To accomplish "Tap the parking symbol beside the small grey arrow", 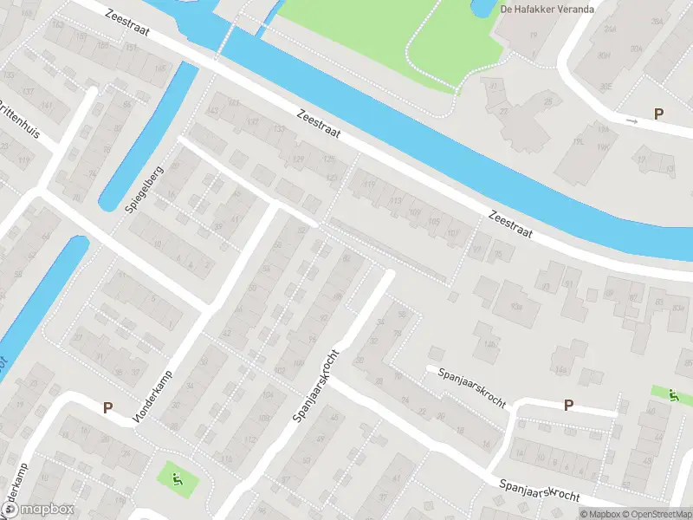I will coord(658,114).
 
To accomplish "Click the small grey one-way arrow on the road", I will coord(631,121).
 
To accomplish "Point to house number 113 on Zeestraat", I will coord(396,201).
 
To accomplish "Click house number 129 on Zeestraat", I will coord(299,160).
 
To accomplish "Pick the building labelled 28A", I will coord(662,24).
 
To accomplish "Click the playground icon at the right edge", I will coord(673,394).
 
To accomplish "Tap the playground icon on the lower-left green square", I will coord(177,477).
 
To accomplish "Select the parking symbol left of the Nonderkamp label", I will coord(108,406).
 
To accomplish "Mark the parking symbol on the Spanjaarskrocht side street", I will coord(568,405).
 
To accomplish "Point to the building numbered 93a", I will coord(517,307).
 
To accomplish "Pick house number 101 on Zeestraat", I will coord(453,232).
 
